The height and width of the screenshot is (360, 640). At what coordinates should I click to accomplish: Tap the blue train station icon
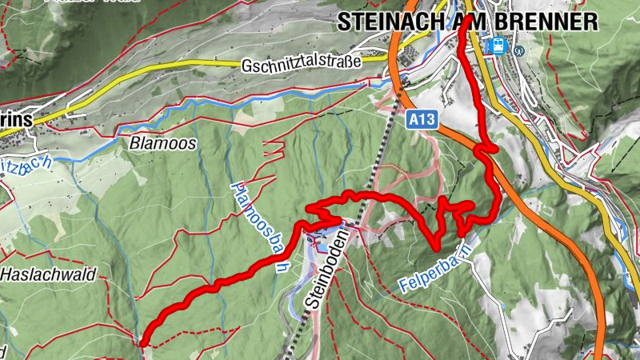click(x=498, y=46)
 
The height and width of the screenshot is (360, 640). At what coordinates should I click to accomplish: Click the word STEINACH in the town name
click(x=388, y=22)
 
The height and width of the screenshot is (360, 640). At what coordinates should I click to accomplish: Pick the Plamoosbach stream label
click(x=257, y=227)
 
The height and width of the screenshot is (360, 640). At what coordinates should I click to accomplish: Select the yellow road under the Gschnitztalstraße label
click(x=240, y=66)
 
